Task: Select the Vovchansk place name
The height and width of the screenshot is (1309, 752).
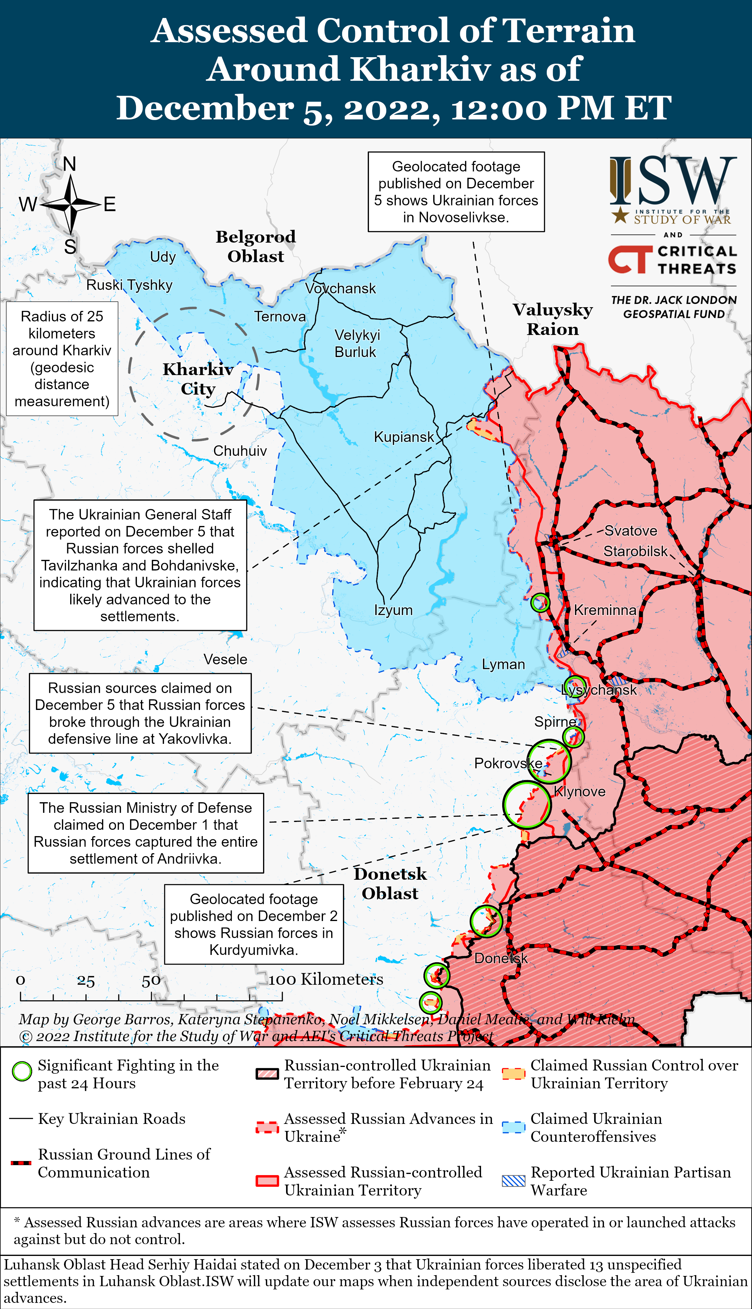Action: [x=340, y=289]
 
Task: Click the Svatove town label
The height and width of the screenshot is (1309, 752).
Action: [x=631, y=531]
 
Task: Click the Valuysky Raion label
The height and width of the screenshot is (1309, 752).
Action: [x=553, y=319]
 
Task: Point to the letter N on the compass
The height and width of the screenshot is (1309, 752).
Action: [x=70, y=164]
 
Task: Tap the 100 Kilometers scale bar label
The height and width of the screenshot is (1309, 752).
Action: [x=326, y=979]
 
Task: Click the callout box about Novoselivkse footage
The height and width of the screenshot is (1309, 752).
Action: [x=456, y=192]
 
